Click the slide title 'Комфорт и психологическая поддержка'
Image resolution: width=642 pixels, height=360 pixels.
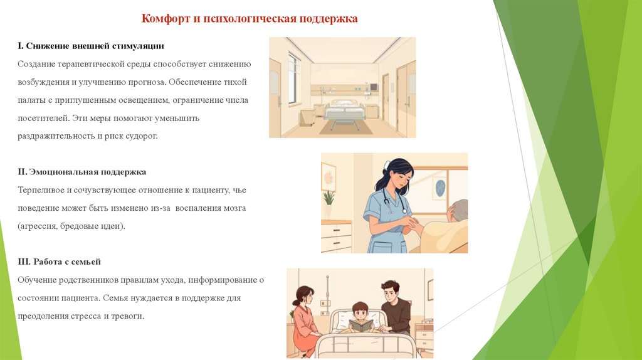[x=250, y=19]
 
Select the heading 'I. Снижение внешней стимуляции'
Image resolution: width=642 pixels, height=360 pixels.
[x=91, y=46]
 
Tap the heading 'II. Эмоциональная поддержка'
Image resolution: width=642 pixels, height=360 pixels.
[x=82, y=171]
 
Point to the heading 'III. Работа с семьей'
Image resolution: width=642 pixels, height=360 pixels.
[x=59, y=262]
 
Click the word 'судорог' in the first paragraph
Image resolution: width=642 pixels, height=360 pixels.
[x=140, y=136]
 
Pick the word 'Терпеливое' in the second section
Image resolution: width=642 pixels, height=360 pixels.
[x=40, y=189]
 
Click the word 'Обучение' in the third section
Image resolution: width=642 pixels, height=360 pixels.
[x=36, y=280]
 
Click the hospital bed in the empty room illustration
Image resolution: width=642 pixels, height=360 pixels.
[x=342, y=112]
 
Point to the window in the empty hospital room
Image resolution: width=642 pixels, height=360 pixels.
[x=293, y=78]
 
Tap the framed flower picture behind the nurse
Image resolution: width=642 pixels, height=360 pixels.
[x=329, y=177]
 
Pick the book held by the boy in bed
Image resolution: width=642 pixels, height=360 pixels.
[x=360, y=326]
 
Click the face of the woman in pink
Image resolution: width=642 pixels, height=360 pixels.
[x=305, y=297]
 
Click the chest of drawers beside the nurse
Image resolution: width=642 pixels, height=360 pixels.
[x=336, y=236]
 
